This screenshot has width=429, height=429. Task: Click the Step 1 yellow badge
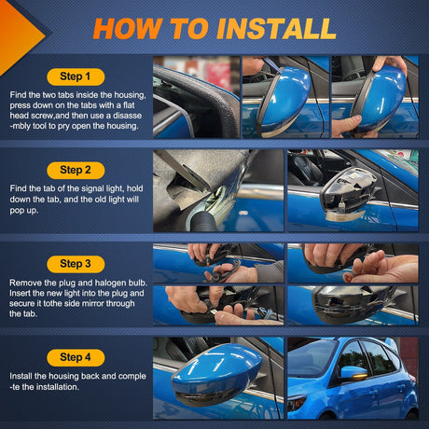coord(76,76)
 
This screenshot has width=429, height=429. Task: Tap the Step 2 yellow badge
coord(76,171)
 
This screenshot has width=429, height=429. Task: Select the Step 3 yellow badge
coord(76,264)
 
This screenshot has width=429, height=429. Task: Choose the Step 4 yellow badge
coord(76,357)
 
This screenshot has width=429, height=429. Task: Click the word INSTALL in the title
coord(276,29)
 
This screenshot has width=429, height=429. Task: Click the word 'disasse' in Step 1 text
coord(127,116)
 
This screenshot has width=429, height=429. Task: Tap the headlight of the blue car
coord(297,403)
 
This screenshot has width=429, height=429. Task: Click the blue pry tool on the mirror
coord(272,65)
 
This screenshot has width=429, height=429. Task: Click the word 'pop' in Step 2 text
coord(17,211)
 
